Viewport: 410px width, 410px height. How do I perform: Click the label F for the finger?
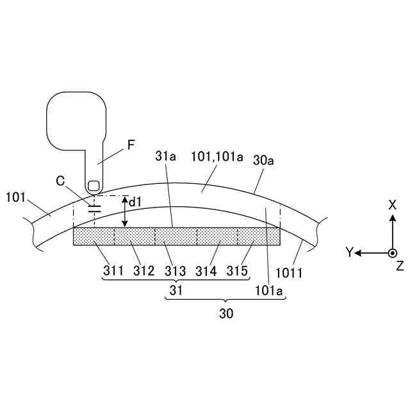tap(131, 145)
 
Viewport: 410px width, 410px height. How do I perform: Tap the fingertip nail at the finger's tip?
tap(94, 186)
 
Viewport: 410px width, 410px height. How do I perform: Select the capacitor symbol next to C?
tap(94, 209)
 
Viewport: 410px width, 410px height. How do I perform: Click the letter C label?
tap(60, 181)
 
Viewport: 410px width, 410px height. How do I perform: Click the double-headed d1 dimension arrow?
tap(126, 211)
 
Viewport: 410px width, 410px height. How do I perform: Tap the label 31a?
tap(165, 156)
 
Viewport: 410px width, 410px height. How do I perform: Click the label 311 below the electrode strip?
tap(113, 271)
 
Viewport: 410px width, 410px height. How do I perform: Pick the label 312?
tap(144, 271)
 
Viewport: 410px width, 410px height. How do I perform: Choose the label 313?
tap(176, 271)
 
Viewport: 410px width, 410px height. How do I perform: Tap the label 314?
tap(206, 271)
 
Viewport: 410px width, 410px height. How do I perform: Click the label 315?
tap(238, 271)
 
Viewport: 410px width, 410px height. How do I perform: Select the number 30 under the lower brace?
tap(226, 315)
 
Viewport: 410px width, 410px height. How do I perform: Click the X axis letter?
tap(393, 204)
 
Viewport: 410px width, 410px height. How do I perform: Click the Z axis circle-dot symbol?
tap(393, 253)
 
